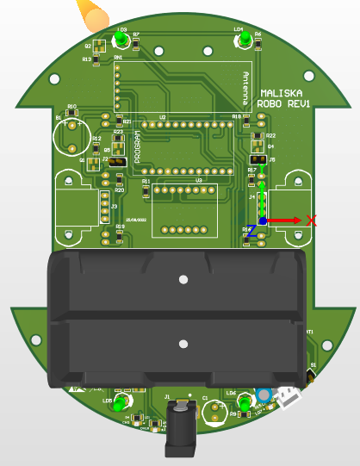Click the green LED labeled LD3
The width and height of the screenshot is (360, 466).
(x=123, y=40)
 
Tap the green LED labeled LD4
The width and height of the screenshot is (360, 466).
(x=245, y=40)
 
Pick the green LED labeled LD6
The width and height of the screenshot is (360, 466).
(x=245, y=403)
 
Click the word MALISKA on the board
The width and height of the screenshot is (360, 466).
(x=281, y=92)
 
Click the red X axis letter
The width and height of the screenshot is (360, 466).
(x=312, y=221)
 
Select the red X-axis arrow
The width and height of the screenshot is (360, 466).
(x=285, y=221)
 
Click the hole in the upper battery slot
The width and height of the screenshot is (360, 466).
(x=183, y=279)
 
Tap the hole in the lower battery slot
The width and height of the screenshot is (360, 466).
(x=183, y=344)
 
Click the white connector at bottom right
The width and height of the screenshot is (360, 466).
(x=289, y=398)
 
